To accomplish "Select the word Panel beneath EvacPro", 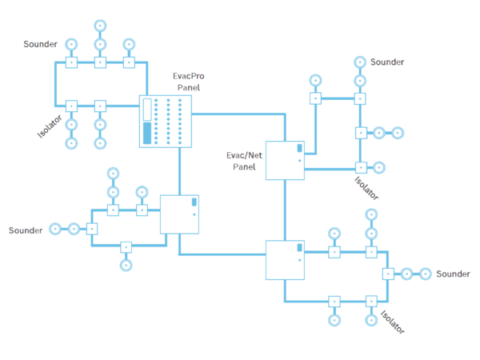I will [x=189, y=87].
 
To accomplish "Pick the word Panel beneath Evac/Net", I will [x=244, y=168].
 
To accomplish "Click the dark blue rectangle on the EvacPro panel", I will [x=146, y=134].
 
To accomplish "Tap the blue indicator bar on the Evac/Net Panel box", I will [x=300, y=148].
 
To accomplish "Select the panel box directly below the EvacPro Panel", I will [x=179, y=214].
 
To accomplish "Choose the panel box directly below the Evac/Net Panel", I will [x=285, y=260].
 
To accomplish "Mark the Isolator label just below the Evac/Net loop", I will [x=366, y=186].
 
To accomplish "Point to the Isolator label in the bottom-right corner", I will [x=392, y=321].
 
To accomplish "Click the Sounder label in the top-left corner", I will [x=40, y=44].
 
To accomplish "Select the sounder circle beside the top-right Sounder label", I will [x=360, y=62].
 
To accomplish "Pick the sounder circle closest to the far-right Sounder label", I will [x=426, y=273].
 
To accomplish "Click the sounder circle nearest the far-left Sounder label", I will [x=55, y=229].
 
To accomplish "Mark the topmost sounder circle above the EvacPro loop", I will [x=100, y=26].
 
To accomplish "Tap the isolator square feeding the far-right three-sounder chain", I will [x=388, y=273].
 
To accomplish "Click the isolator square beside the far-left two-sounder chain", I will [x=92, y=229].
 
